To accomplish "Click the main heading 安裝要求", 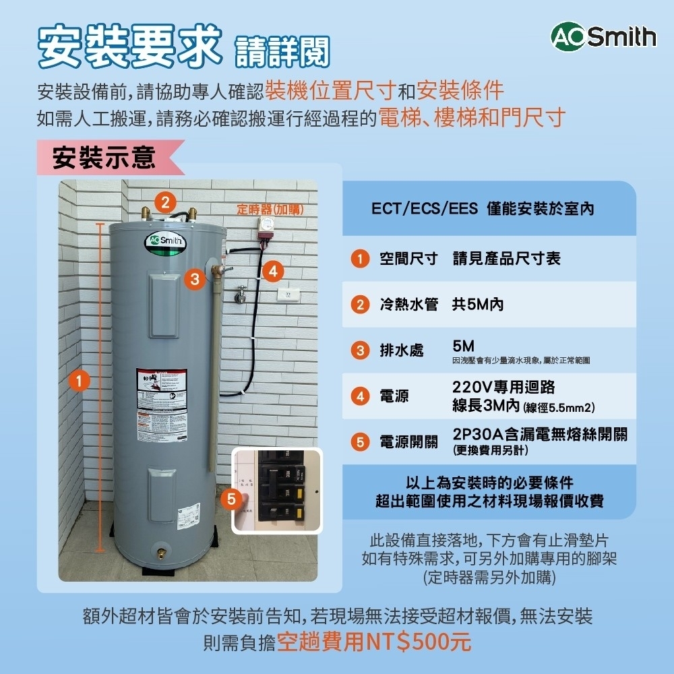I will coord(129,48).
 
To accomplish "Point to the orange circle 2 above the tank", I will coord(164,201).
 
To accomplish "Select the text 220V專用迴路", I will coord(503,388).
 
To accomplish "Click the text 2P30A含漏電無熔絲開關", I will coord(540,433).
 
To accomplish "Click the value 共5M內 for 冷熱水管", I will coord(477,305).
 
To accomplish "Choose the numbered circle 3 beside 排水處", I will coord(360,350).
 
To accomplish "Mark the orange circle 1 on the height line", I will coord(80,381).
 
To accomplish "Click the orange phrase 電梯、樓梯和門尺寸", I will coord(471,117).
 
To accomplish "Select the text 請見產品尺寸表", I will coord(506,258).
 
